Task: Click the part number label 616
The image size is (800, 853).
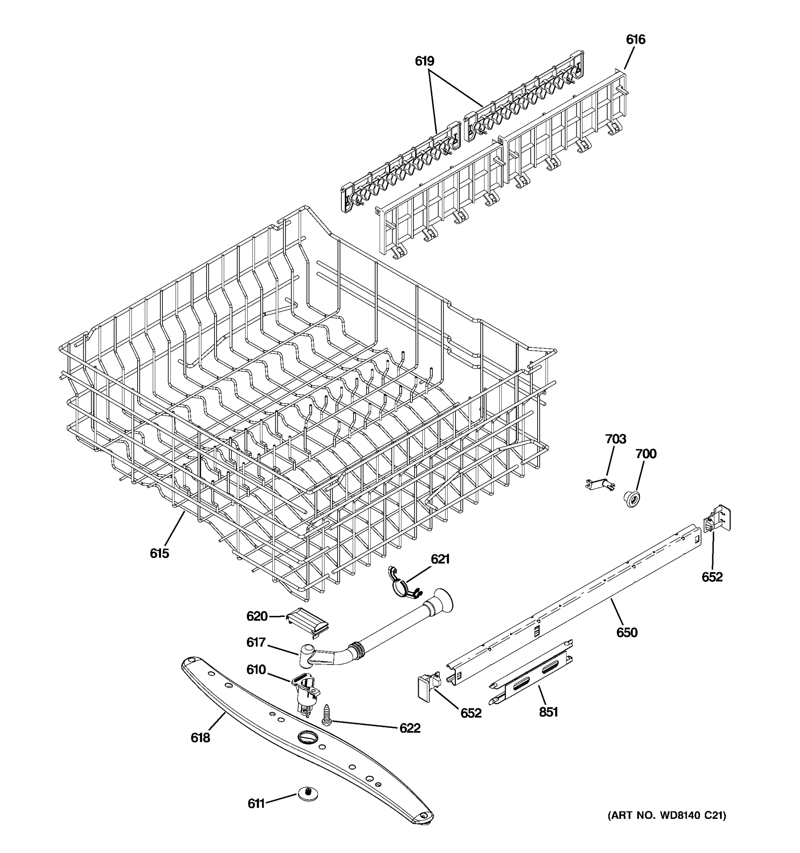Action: coord(635,39)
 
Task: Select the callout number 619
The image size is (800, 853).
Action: coord(424,61)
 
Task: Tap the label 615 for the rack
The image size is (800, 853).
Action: coord(159,553)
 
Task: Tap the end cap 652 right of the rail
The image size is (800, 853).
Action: coord(717,520)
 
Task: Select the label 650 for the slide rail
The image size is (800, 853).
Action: coord(626,632)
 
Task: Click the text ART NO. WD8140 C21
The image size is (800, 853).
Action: coord(667,815)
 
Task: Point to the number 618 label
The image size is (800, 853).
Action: coord(201,737)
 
